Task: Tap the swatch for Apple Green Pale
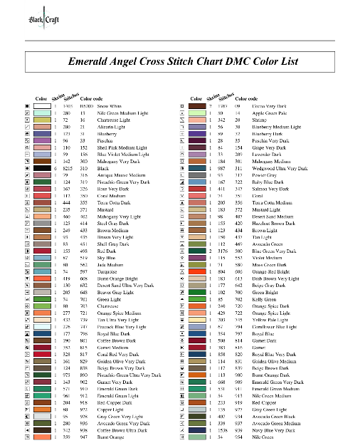tap(202, 113)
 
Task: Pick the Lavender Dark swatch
tap(202, 154)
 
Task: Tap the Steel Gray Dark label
tap(112, 223)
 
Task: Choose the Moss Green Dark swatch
tap(202, 265)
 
